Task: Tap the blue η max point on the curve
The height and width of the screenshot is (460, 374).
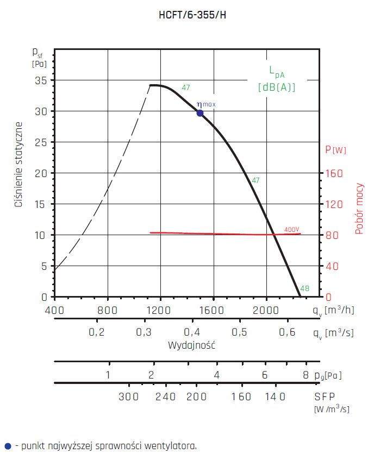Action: [x=200, y=113]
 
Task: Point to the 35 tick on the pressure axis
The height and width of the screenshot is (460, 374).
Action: [x=41, y=80]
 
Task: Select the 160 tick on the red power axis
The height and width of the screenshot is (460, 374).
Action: [x=334, y=173]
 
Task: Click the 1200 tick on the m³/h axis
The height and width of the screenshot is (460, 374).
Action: [x=161, y=311]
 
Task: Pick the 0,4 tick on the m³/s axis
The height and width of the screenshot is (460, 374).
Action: [x=191, y=332]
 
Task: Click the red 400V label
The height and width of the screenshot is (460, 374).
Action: [x=292, y=230]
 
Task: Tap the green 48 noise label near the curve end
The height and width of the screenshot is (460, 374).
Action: [x=304, y=288]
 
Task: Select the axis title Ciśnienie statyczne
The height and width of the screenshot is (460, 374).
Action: [x=18, y=164]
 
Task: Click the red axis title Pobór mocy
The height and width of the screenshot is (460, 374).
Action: [x=359, y=209]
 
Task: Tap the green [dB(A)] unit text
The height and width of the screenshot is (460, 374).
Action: [x=277, y=87]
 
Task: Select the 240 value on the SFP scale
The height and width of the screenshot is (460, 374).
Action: [x=166, y=396]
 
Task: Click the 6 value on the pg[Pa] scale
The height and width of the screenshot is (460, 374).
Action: [x=265, y=375]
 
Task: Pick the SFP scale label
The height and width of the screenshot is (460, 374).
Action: [x=325, y=396]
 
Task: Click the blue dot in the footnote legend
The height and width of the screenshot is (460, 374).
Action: [x=7, y=446]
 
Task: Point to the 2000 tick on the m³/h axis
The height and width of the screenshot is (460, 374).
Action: [x=266, y=311]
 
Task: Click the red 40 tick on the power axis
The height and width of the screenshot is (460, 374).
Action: [x=332, y=266]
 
